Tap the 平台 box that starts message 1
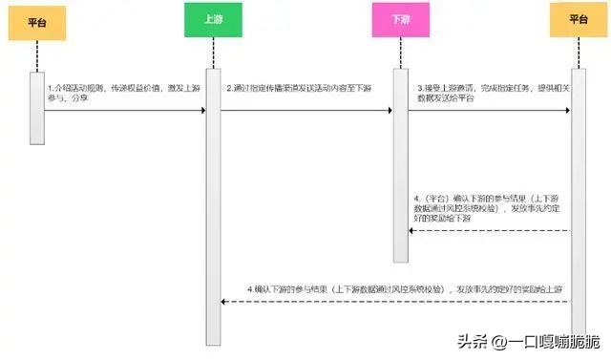coord(37,20)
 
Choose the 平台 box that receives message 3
coord(578,19)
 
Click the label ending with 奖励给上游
coord(405,287)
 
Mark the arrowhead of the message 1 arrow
coord(202,110)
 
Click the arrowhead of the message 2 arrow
coord(389,110)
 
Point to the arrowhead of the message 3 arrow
coord(567,110)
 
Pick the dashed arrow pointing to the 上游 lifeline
coord(395,302)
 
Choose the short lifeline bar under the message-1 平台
coord(37,105)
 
